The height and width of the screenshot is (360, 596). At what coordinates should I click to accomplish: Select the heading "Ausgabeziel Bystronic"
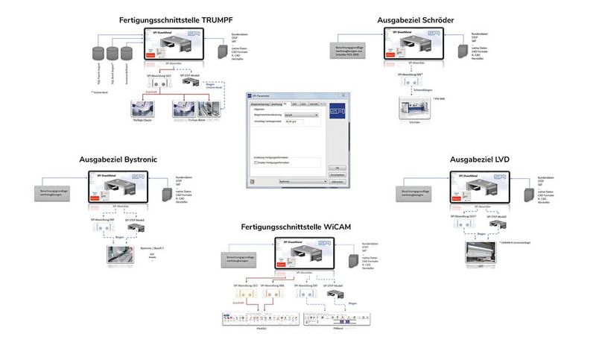(118, 160)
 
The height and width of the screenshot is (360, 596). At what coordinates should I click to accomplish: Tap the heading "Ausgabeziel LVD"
(480, 160)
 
